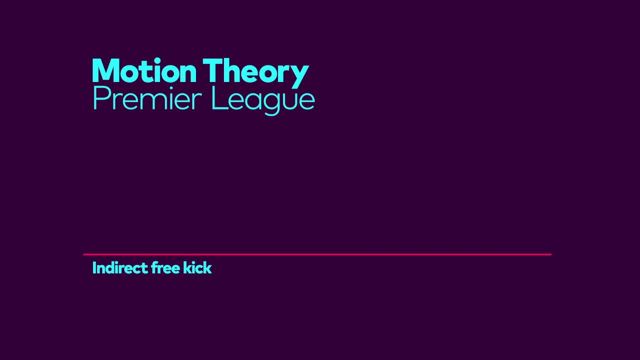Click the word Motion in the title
click(x=144, y=71)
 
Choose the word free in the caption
click(x=165, y=268)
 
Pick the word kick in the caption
click(x=197, y=268)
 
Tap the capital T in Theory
click(x=212, y=71)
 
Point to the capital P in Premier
click(x=99, y=98)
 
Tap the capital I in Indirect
click(x=94, y=268)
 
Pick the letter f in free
click(x=154, y=268)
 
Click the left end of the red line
click(x=84, y=254)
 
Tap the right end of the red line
click(x=550, y=254)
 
